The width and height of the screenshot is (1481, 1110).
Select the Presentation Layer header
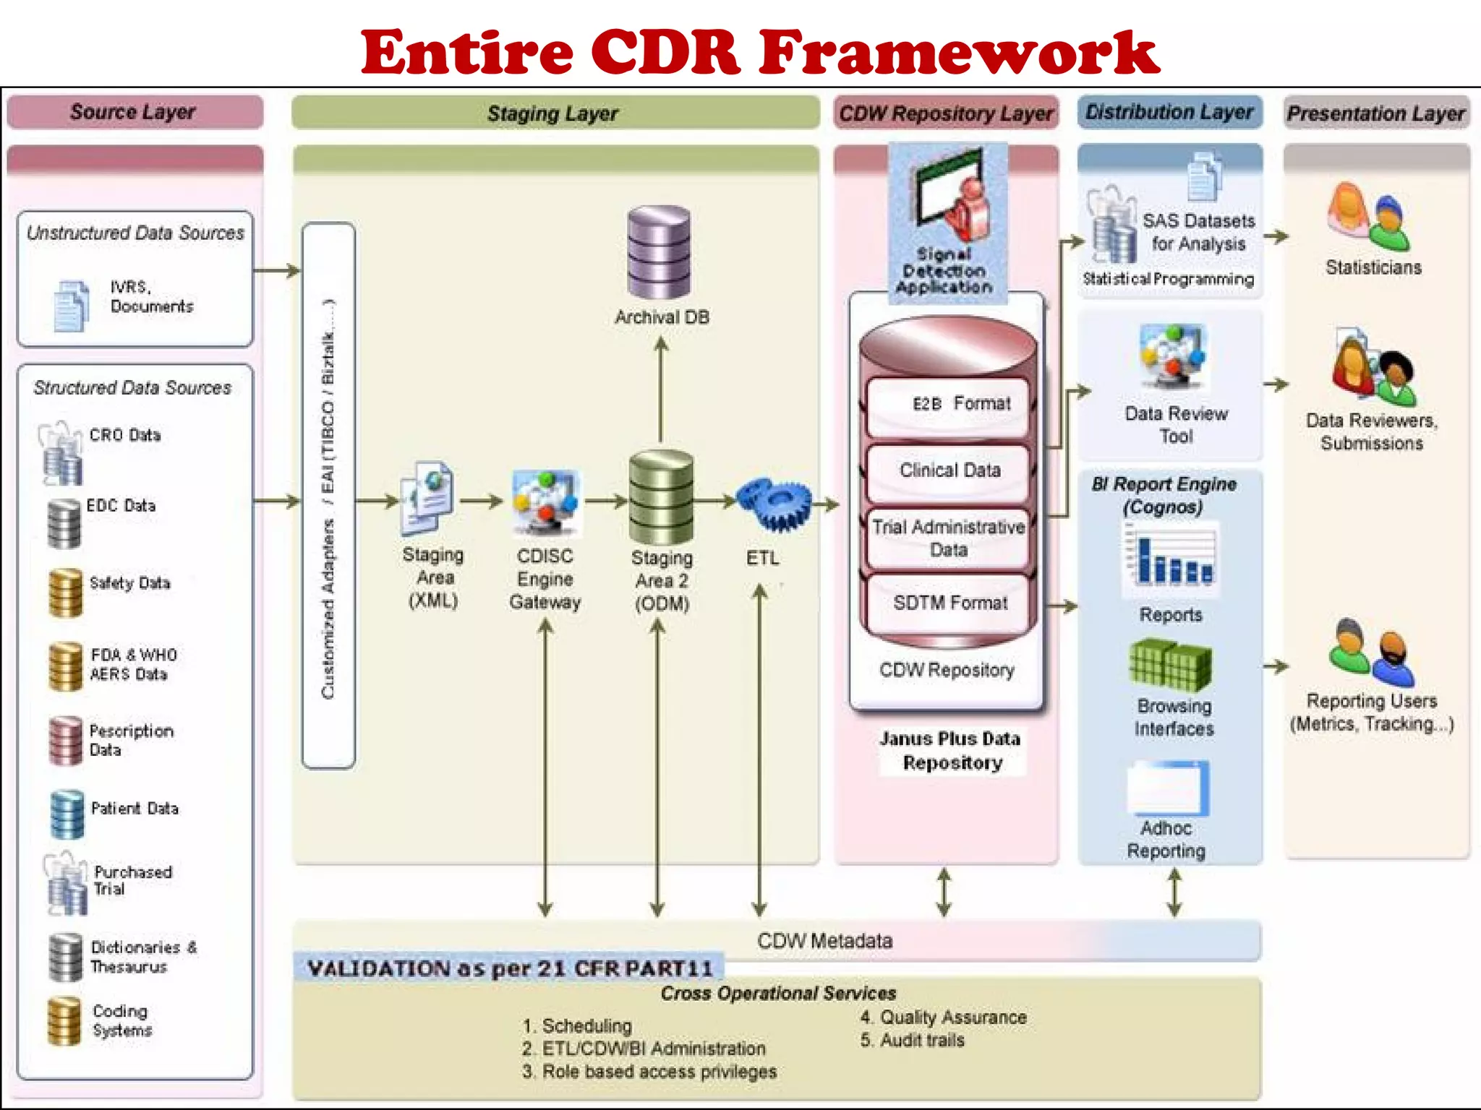[x=1375, y=113]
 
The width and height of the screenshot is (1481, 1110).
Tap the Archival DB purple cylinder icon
[x=659, y=252]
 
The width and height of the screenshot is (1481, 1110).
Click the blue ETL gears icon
[x=774, y=504]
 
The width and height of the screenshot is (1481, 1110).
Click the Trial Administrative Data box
[x=948, y=538]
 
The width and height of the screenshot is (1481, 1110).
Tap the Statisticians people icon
[x=1367, y=218]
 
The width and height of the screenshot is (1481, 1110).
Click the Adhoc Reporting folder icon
[x=1168, y=788]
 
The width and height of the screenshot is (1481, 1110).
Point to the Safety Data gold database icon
[x=66, y=592]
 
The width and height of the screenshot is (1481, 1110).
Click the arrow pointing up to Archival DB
[x=660, y=390]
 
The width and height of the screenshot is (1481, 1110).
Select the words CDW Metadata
[x=824, y=941]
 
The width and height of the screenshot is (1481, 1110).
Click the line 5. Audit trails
[x=913, y=1041]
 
